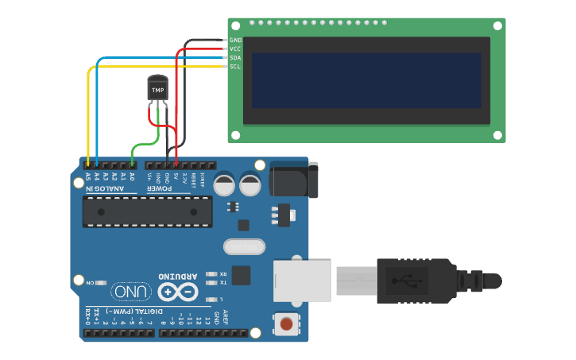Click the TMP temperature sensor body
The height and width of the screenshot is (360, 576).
pyautogui.click(x=158, y=89)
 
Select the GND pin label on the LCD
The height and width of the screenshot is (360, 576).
pyautogui.click(x=235, y=40)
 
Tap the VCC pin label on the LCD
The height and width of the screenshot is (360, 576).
pyautogui.click(x=235, y=48)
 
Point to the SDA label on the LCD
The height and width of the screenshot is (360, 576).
pyautogui.click(x=235, y=57)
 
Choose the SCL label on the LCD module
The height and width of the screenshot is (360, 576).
pyautogui.click(x=235, y=66)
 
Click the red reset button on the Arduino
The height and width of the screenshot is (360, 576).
pyautogui.click(x=287, y=323)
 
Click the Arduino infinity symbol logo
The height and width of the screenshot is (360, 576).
pyautogui.click(x=178, y=292)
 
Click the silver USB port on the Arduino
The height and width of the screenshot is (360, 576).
pyautogui.click(x=302, y=281)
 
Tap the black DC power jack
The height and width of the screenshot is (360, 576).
pyautogui.click(x=293, y=179)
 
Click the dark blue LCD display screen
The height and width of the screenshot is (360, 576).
pyautogui.click(x=366, y=80)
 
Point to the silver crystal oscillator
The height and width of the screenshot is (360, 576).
pyautogui.click(x=244, y=248)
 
